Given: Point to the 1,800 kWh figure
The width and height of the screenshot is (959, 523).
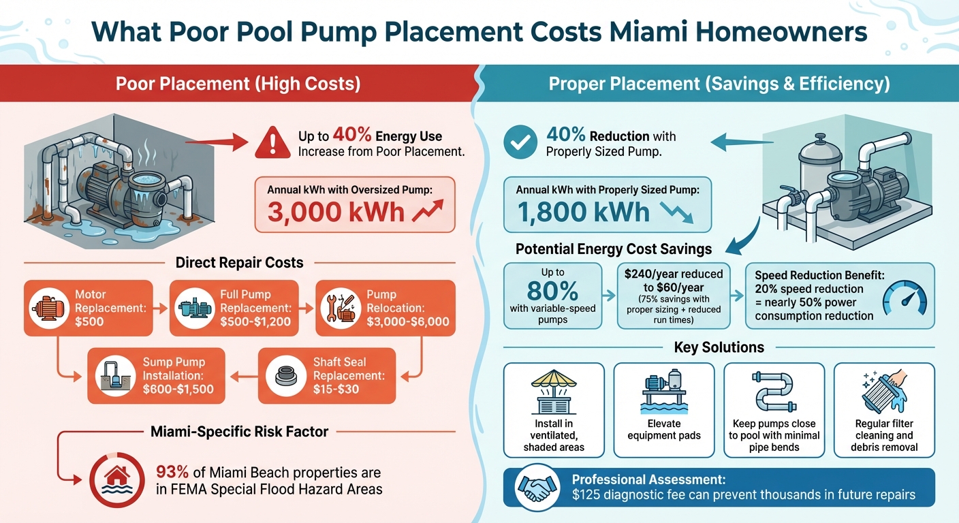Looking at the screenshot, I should coord(583,212).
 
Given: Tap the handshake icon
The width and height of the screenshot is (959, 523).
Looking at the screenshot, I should coord(539,486).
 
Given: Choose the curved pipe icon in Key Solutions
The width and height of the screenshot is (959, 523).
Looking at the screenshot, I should coord(774,390).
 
